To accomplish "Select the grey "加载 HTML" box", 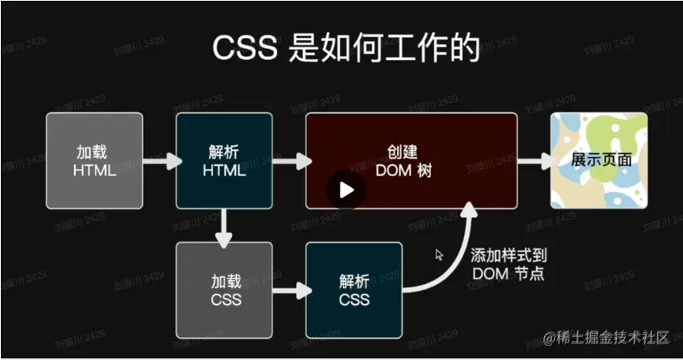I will click(x=95, y=160).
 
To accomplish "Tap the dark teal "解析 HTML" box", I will click(x=224, y=160).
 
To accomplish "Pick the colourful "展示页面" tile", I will click(x=599, y=160).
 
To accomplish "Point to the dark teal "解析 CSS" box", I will click(x=354, y=291).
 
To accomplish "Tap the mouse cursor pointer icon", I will click(x=440, y=254).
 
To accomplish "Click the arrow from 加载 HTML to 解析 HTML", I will click(x=159, y=161).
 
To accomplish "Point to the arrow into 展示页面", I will click(x=535, y=161).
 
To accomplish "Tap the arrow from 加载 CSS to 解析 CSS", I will click(x=289, y=291).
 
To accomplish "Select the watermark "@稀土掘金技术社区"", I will click(x=606, y=339).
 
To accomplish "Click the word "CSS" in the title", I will click(x=243, y=48).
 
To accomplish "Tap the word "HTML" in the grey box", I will click(x=95, y=170).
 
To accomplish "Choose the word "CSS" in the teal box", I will click(x=354, y=300).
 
